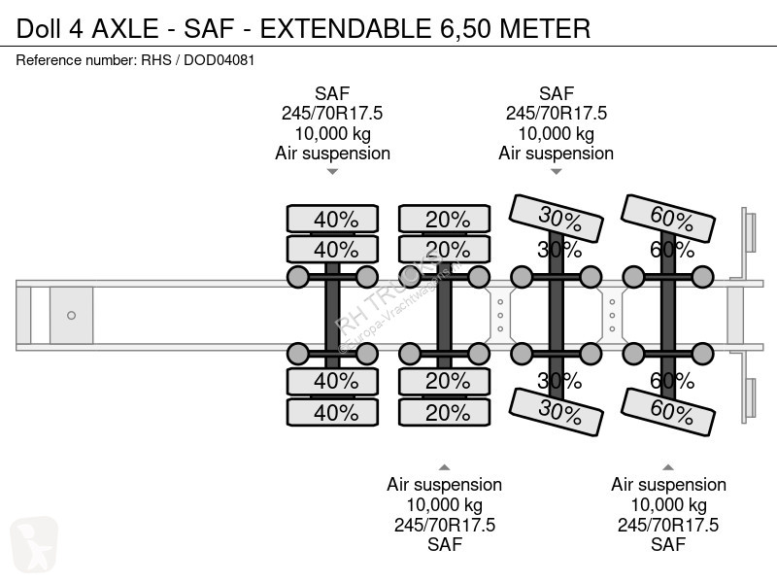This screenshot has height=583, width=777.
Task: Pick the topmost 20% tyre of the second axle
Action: [447, 220]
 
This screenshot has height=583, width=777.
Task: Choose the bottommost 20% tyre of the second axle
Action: [447, 412]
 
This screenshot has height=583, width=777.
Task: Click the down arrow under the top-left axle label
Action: [332, 172]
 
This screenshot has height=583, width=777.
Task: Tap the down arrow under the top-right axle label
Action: [556, 172]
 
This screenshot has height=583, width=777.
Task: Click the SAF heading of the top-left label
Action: [332, 94]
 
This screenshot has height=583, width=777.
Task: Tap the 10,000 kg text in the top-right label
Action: [556, 133]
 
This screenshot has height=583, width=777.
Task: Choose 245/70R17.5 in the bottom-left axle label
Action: [444, 525]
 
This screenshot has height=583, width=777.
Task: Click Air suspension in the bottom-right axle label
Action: [668, 484]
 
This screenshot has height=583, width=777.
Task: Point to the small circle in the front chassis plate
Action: [71, 315]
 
